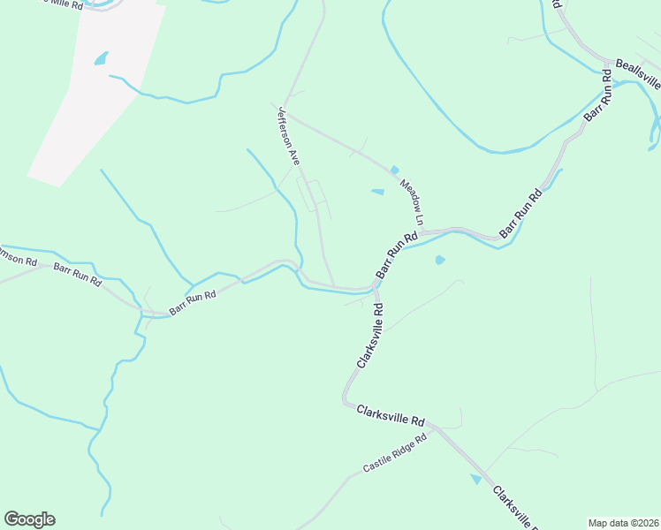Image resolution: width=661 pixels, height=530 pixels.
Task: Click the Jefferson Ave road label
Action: (289, 136)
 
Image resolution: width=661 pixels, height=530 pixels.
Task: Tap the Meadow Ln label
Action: (413, 201)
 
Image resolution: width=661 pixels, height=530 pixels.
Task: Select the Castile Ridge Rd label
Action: (394, 453)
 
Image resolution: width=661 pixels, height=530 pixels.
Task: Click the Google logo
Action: (29, 519)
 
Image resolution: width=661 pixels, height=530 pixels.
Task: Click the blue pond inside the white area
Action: (101, 58)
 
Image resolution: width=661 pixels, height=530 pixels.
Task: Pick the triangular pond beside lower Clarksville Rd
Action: (477, 479)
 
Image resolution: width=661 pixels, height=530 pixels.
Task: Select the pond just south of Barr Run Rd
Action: (439, 260)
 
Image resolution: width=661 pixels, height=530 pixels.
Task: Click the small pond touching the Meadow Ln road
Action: (394, 170)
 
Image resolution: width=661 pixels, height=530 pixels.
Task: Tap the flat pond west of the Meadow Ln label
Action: (377, 192)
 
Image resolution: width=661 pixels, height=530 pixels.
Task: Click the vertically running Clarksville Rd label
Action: (369, 336)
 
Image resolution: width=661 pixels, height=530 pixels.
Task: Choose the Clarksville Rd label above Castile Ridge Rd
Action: (391, 415)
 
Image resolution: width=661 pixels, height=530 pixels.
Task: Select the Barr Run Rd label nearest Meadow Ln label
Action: (397, 256)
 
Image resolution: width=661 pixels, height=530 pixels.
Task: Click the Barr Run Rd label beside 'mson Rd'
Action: (78, 273)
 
